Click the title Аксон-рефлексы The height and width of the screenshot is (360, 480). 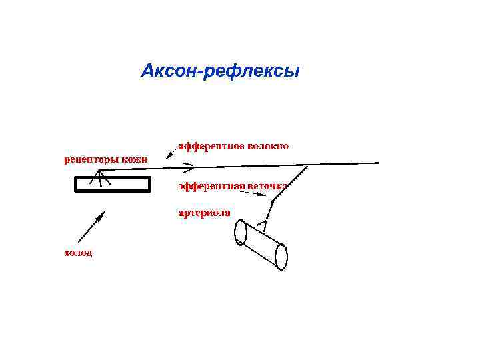click(x=221, y=71)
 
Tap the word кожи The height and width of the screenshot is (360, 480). click(x=135, y=159)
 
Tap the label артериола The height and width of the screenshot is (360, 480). click(x=204, y=213)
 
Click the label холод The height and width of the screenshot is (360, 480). click(x=78, y=253)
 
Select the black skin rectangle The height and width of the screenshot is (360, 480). click(x=112, y=184)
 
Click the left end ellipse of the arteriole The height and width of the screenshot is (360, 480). click(x=241, y=233)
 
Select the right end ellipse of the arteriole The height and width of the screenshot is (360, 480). click(x=281, y=256)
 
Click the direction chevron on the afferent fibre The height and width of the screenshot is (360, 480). click(x=189, y=165)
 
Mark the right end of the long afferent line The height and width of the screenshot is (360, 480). click(x=377, y=163)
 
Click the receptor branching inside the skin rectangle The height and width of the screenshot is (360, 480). click(x=99, y=177)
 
